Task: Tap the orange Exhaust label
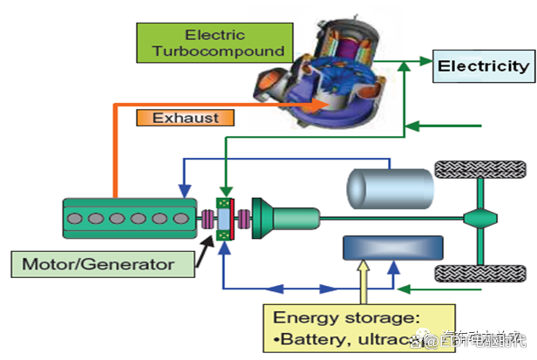[185, 116]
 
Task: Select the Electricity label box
[482, 66]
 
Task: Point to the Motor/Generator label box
[104, 262]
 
